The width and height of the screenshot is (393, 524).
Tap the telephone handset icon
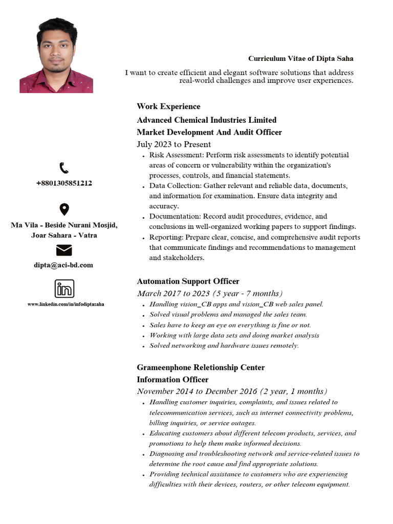(x=64, y=168)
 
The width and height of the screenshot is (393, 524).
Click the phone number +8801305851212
(x=64, y=183)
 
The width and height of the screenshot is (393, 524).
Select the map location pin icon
(x=64, y=209)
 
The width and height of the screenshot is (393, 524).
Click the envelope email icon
(x=64, y=250)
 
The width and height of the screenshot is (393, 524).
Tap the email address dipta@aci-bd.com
(x=64, y=265)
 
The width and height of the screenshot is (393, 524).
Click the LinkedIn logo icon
(x=64, y=289)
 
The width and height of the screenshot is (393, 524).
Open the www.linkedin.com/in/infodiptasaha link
(x=65, y=304)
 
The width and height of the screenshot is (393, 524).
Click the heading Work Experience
(x=168, y=106)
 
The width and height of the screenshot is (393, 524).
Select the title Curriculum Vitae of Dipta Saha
(x=300, y=59)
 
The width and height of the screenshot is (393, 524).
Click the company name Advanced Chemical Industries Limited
(x=206, y=120)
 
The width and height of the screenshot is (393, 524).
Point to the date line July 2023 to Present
(x=173, y=144)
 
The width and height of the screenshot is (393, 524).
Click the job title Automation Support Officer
(x=188, y=281)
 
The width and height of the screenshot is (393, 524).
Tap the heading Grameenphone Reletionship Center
(x=201, y=367)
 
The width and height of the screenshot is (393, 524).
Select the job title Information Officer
(x=172, y=380)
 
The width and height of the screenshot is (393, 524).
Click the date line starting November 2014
(x=232, y=391)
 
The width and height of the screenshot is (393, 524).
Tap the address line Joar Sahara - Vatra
(x=64, y=235)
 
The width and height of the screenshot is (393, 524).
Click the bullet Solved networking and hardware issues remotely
(x=224, y=345)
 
